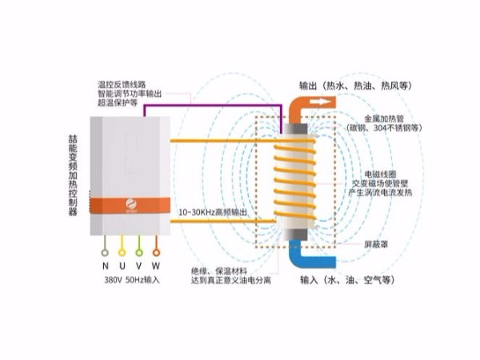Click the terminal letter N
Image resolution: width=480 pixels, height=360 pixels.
(x=105, y=265)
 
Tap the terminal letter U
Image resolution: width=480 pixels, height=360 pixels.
(x=122, y=265)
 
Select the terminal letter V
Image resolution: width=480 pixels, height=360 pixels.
(x=139, y=265)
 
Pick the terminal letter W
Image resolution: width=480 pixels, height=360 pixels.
(x=157, y=265)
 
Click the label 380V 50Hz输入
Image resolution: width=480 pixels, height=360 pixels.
(x=132, y=281)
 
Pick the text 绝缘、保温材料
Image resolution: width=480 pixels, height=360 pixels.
(x=220, y=270)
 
